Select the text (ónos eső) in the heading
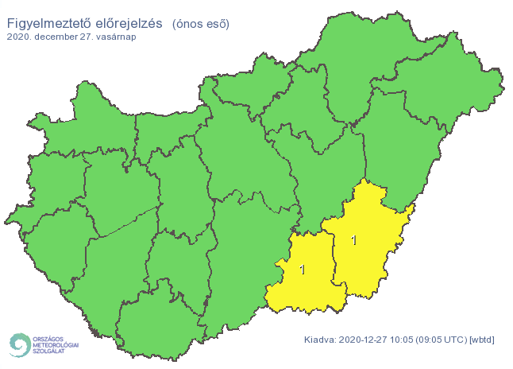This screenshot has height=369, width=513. click(x=200, y=24)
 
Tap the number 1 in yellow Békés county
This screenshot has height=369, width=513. click(x=353, y=239)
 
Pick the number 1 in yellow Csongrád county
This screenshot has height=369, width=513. click(x=303, y=270)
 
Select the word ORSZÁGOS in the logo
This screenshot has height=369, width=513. click(x=48, y=338)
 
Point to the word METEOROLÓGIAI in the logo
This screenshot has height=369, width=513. click(x=56, y=345)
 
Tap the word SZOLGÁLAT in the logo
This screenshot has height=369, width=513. click(x=49, y=352)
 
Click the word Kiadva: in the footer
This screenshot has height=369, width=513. click(x=320, y=340)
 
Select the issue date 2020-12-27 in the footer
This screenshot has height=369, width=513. click(x=363, y=340)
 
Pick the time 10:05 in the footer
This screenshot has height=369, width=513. click(x=403, y=340)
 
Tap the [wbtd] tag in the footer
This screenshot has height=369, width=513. click(x=481, y=340)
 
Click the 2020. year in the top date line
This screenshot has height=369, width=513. click(x=20, y=37)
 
